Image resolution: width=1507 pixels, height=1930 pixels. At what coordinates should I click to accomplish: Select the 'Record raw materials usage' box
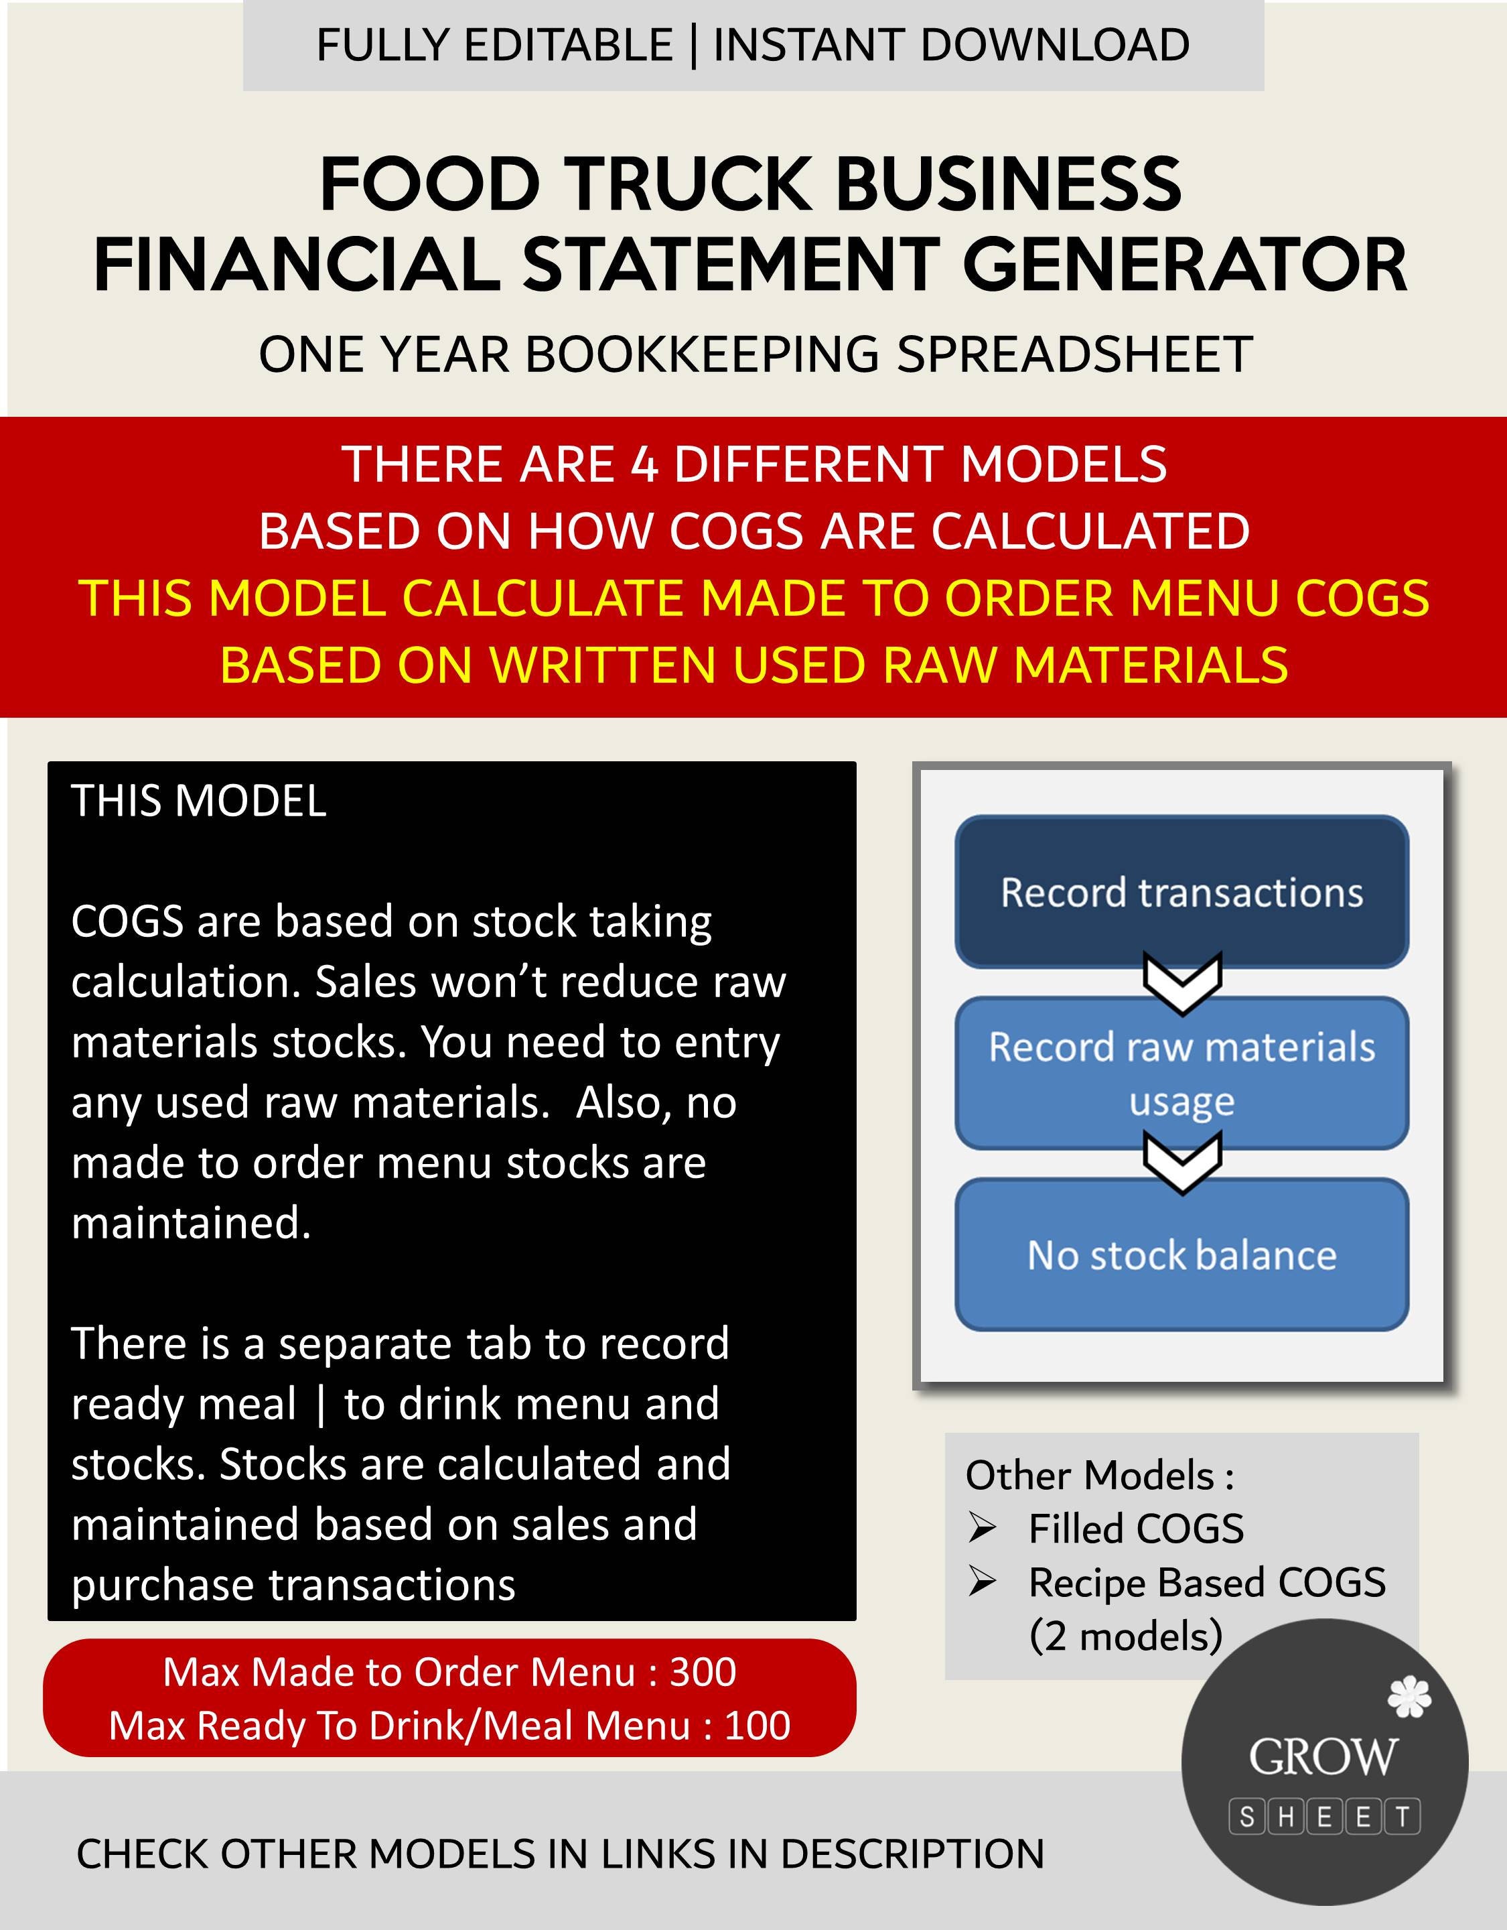[x=1181, y=1073]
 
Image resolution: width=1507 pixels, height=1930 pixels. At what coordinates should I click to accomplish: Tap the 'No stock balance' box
[x=1181, y=1255]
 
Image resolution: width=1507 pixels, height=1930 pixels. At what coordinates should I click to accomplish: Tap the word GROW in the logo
[x=1322, y=1757]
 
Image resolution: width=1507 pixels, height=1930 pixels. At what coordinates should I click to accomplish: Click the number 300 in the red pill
[x=703, y=1672]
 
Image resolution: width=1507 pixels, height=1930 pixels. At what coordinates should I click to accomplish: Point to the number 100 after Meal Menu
[x=757, y=1725]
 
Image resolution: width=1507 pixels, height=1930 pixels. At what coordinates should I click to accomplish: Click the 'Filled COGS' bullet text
[x=1136, y=1529]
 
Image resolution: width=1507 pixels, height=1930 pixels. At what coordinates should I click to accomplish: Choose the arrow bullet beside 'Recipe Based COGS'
[x=983, y=1582]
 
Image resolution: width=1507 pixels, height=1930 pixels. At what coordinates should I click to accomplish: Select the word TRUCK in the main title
[x=690, y=184]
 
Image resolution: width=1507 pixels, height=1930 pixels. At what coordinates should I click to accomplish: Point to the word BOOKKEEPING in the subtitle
[x=703, y=355]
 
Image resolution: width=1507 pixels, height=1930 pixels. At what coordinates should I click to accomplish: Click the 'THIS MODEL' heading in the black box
[x=199, y=801]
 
